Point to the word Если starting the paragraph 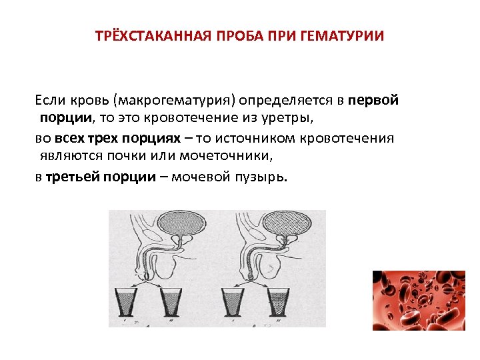point(51,101)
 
